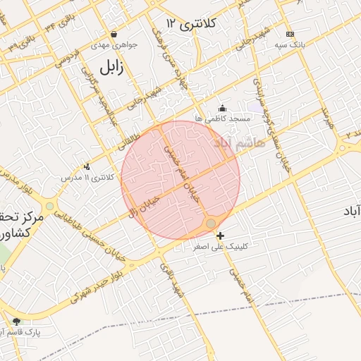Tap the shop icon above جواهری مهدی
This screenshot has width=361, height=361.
114,34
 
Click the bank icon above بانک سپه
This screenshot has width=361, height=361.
290,34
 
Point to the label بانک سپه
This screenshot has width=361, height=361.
290,44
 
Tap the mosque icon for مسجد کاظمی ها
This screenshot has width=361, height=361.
223,108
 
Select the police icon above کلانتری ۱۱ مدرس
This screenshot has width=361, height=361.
87,166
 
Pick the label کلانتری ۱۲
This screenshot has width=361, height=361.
191,24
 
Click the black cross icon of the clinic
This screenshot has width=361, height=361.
221,235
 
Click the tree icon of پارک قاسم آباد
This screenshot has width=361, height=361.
16,322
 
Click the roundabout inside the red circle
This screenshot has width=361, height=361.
211,224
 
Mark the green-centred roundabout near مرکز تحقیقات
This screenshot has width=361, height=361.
49,207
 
